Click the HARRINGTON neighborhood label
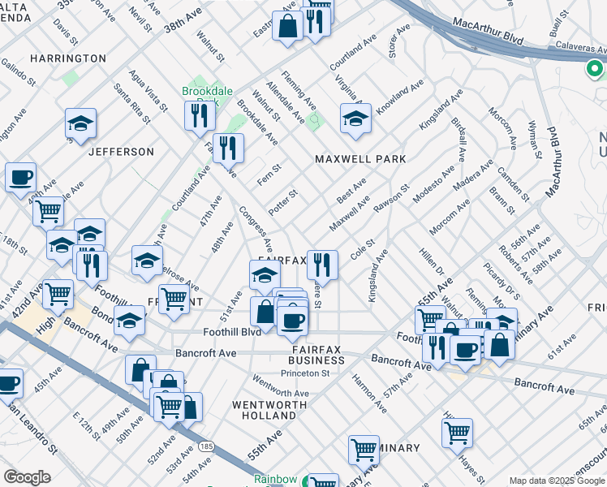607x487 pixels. pyautogui.click(x=68, y=58)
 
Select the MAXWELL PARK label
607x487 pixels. pyautogui.click(x=360, y=159)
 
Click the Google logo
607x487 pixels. pyautogui.click(x=26, y=476)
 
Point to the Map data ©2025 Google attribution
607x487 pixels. pyautogui.click(x=557, y=481)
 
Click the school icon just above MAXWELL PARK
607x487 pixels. pyautogui.click(x=355, y=119)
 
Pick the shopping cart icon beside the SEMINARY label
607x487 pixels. pyautogui.click(x=364, y=448)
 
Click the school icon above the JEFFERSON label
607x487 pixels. pyautogui.click(x=80, y=123)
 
